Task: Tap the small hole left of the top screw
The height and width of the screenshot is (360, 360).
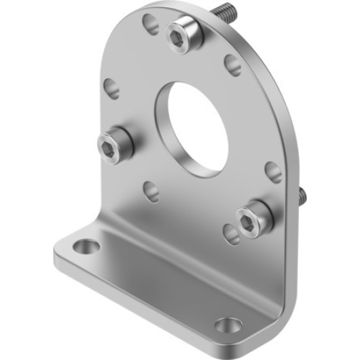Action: [150, 24]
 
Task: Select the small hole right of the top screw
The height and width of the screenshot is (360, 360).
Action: [233, 65]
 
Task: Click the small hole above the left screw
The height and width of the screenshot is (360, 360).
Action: [111, 88]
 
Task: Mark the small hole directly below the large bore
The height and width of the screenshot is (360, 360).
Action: [151, 191]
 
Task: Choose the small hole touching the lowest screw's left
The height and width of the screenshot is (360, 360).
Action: [230, 233]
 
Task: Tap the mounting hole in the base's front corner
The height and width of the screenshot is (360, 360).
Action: [228, 325]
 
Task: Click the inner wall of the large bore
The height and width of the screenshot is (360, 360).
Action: [173, 122]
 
